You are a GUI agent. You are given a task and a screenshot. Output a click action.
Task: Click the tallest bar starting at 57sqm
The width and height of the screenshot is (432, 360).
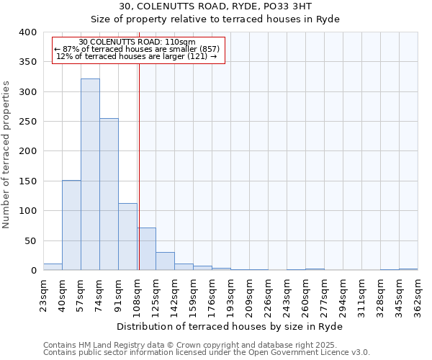90,174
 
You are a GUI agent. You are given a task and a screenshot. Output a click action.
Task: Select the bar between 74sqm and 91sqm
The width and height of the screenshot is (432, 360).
109,194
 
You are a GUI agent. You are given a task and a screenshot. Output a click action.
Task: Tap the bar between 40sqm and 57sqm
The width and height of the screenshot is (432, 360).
71,225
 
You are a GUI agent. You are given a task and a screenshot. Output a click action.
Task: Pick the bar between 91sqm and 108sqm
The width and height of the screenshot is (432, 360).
127,237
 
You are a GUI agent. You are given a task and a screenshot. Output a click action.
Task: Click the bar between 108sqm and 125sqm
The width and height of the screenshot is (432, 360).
146,249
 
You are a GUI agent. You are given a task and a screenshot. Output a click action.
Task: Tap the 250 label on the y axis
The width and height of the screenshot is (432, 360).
27,122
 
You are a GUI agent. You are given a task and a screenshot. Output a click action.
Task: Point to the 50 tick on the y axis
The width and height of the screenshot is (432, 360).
30,240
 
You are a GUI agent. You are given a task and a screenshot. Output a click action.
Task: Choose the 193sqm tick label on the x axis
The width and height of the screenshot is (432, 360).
230,293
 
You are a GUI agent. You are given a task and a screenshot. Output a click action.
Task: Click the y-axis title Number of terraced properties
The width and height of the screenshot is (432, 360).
6,155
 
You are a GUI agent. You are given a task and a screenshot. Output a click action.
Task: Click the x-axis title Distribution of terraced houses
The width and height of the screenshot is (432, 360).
229,326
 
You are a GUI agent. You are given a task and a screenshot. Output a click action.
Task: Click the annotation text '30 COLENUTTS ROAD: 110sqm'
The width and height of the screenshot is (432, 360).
137,42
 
